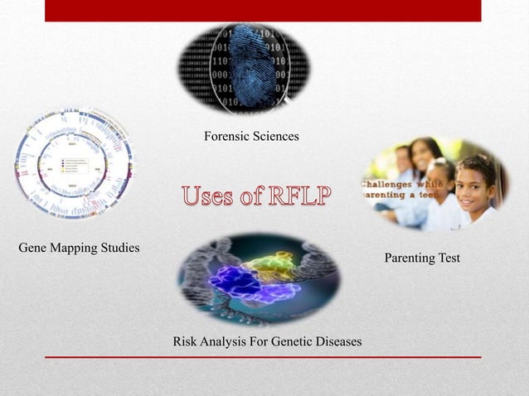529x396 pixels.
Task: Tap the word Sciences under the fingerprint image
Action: [x=274, y=135]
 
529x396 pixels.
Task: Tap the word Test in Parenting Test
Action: [x=449, y=259]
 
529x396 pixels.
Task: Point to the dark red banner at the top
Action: [x=263, y=11]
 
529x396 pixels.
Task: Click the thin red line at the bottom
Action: [x=263, y=357]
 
